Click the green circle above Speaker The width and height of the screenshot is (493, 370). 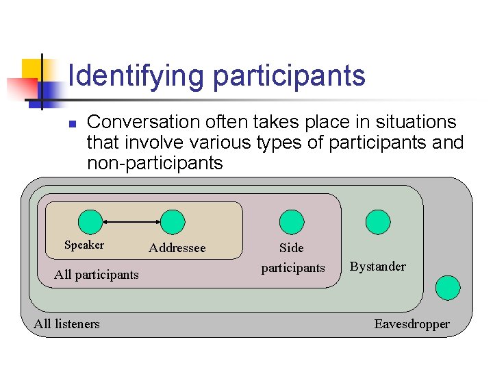point(90,222)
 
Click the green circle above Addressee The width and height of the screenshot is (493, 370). point(173,222)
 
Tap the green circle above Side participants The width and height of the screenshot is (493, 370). point(292,222)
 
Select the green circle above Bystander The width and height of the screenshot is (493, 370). point(378,222)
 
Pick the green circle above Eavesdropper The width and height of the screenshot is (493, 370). point(448,288)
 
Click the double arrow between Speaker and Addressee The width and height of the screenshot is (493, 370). point(131,222)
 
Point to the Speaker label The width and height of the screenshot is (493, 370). point(84,245)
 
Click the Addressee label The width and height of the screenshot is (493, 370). point(177,248)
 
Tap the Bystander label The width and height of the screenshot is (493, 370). point(378,267)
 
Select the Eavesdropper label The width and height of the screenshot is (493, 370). point(412,324)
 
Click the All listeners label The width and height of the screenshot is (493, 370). point(66,324)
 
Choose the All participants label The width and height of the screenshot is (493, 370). point(97,275)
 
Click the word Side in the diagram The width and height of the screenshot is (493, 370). point(292,248)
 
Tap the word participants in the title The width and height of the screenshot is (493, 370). point(290,75)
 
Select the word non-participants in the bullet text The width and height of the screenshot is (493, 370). point(155,163)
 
